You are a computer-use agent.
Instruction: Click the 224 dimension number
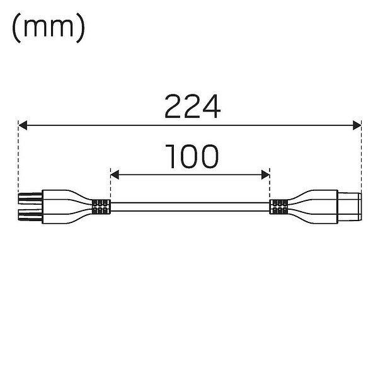[193, 106]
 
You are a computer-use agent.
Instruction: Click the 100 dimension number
[192, 156]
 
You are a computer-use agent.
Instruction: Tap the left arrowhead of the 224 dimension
[23, 125]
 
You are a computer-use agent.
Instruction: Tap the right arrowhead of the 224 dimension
[357, 125]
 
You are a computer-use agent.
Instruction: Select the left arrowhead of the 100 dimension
[115, 175]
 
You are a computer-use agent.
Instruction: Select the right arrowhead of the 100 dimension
[265, 175]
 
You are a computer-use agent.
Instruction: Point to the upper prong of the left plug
[30, 198]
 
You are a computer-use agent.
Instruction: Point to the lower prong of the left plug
[30, 215]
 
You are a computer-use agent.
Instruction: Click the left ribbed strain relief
[101, 207]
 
